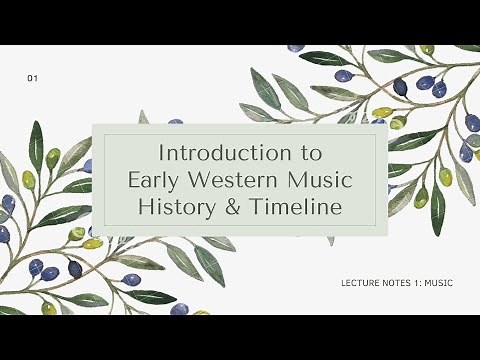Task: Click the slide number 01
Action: click(x=34, y=77)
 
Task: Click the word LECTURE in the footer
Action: click(x=359, y=283)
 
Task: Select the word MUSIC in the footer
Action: click(x=438, y=283)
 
